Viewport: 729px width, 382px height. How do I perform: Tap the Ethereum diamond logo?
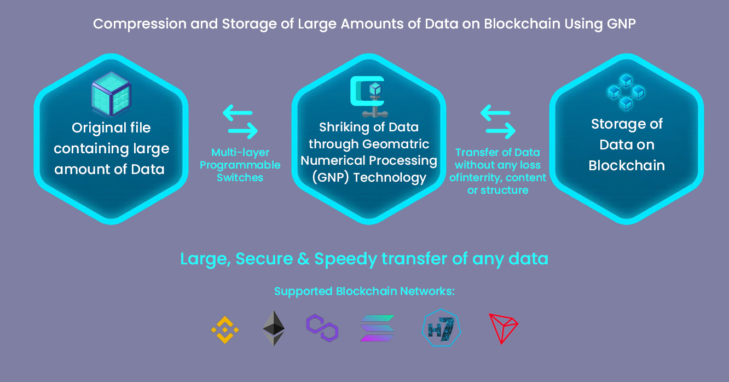(274, 328)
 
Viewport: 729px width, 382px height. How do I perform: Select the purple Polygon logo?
(322, 328)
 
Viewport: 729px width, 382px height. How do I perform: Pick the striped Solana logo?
(378, 328)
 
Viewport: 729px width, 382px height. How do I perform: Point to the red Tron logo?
(502, 328)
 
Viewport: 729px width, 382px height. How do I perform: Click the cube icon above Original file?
(111, 95)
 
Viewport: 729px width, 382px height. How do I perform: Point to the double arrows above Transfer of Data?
(498, 122)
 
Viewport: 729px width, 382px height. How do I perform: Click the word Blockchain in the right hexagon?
(627, 165)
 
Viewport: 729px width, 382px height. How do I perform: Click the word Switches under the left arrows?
(240, 177)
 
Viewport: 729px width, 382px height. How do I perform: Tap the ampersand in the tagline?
(303, 258)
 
